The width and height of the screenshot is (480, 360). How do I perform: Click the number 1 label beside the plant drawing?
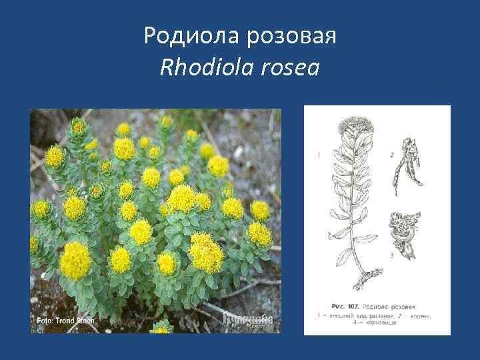point(319,155)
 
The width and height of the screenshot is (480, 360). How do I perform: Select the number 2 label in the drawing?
point(392,155)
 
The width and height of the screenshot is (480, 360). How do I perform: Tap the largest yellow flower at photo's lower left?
point(75,260)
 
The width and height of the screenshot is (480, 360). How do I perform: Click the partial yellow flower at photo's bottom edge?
point(161,328)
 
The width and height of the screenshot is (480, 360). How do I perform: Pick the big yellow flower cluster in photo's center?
point(181,198)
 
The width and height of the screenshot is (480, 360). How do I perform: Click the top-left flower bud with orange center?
point(79,125)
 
